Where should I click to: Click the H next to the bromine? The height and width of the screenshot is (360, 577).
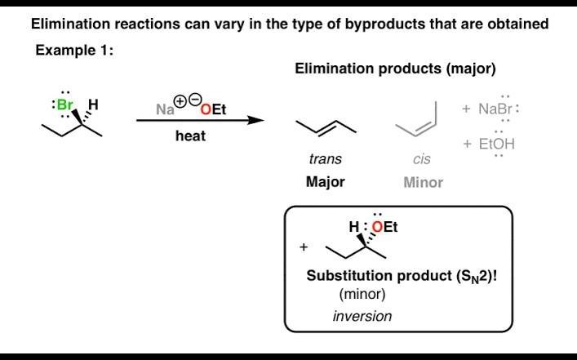(x=93, y=105)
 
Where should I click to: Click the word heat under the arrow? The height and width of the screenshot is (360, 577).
(x=190, y=136)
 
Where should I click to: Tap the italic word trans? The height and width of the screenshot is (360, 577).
(x=326, y=159)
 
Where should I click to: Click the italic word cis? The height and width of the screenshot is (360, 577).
(x=422, y=159)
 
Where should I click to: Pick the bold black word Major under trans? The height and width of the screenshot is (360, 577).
(x=325, y=181)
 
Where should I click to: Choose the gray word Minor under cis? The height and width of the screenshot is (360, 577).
(x=423, y=182)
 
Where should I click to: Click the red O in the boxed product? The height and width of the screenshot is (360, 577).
(x=377, y=228)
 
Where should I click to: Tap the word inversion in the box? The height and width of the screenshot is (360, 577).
(x=362, y=316)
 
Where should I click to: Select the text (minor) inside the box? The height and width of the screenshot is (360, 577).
(x=362, y=294)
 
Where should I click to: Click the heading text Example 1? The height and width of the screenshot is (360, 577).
(x=74, y=51)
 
